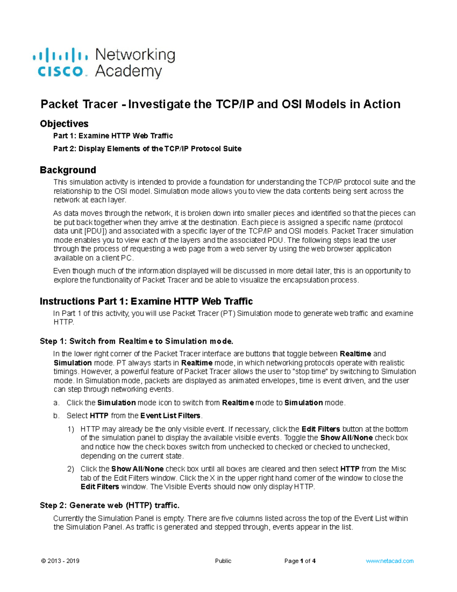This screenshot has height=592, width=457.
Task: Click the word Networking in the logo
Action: click(135, 55)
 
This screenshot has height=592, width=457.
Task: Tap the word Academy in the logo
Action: click(128, 71)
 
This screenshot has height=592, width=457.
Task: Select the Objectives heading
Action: click(64, 124)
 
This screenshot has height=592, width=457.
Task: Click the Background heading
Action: click(68, 170)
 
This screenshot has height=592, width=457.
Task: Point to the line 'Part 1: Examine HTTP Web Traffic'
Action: click(113, 136)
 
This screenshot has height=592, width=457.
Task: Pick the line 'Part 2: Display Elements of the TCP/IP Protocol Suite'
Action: click(147, 149)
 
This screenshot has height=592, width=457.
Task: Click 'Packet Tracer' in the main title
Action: click(79, 104)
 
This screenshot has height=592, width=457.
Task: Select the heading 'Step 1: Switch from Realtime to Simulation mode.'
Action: click(136, 341)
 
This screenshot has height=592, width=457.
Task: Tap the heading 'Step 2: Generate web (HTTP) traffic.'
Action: click(109, 505)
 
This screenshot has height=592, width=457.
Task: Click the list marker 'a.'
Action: click(56, 403)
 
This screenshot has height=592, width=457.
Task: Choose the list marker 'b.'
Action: click(56, 416)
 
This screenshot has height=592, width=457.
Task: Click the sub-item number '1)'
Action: click(70, 429)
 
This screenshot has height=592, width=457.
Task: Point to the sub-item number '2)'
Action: click(70, 469)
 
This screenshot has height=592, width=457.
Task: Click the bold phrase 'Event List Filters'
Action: click(170, 416)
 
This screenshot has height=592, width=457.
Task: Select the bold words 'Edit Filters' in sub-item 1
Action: click(321, 429)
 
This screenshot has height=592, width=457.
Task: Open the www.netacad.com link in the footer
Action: click(390, 561)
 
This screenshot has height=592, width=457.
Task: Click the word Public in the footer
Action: click(223, 561)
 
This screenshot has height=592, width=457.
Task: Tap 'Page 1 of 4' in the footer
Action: click(300, 561)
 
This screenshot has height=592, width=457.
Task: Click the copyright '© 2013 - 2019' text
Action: click(60, 561)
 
